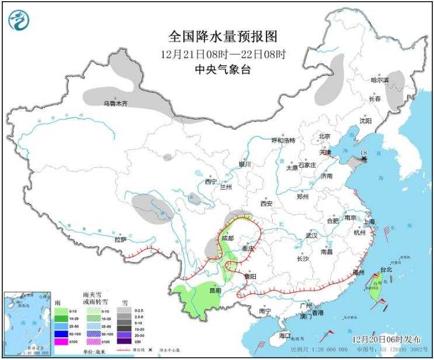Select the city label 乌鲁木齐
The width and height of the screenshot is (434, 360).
(x=115, y=103)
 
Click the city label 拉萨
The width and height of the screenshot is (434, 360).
(x=120, y=239)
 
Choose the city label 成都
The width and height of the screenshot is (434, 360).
(x=227, y=238)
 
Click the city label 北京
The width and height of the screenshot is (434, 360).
(x=324, y=137)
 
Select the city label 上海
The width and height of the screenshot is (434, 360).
(x=368, y=222)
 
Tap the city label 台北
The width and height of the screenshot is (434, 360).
(x=387, y=270)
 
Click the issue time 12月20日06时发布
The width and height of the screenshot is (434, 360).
(x=387, y=338)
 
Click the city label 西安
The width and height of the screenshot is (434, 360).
(x=266, y=204)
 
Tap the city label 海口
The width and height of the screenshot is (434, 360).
(x=285, y=336)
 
